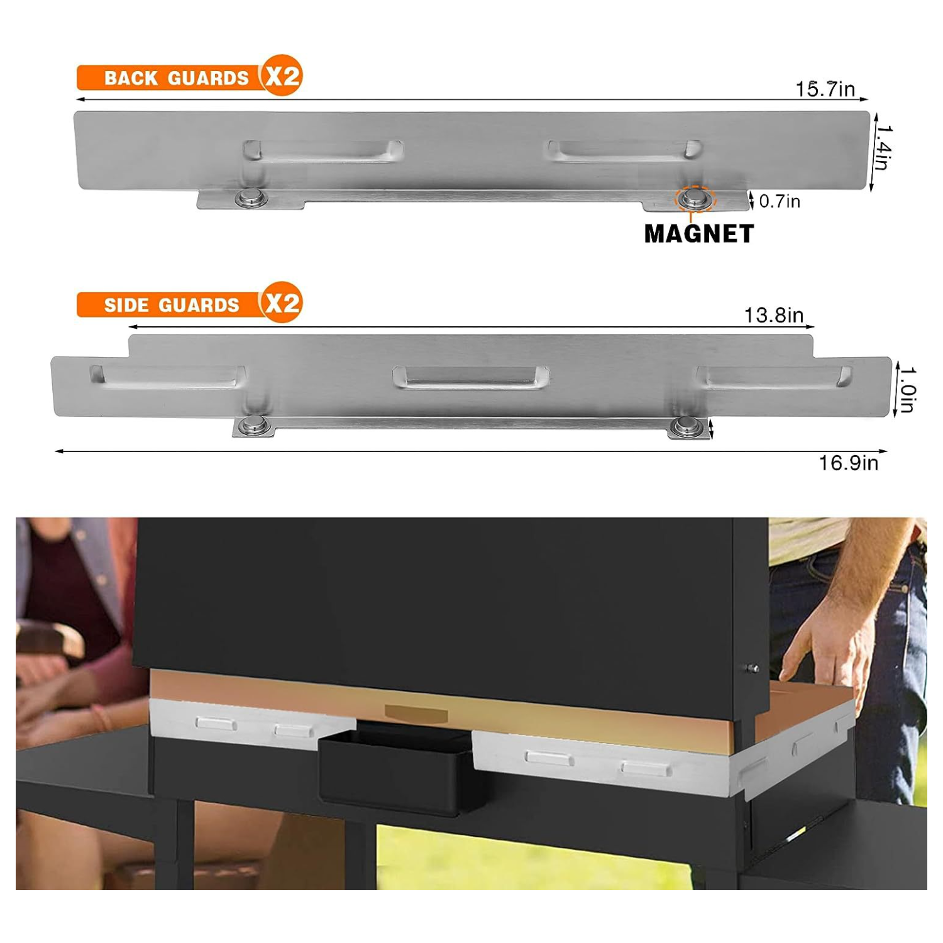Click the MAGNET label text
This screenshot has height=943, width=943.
699,234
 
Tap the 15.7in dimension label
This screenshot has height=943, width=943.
825,89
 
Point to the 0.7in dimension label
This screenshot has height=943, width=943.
780,201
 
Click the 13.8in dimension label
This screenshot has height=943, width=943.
774,315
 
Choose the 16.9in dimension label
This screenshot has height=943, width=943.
848,463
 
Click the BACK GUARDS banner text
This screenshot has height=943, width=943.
177,78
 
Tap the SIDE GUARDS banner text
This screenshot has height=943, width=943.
172,305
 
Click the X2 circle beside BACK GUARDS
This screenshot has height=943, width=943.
282,75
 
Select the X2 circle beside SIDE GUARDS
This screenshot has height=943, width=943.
282,302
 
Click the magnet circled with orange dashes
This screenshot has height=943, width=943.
695,199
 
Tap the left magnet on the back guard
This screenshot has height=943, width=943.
251,199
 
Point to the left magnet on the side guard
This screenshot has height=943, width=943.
255,426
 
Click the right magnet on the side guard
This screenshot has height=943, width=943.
687,427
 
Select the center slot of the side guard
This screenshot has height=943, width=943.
471,377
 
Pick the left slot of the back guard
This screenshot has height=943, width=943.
323,152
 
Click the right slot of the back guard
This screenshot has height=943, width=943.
624,151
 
